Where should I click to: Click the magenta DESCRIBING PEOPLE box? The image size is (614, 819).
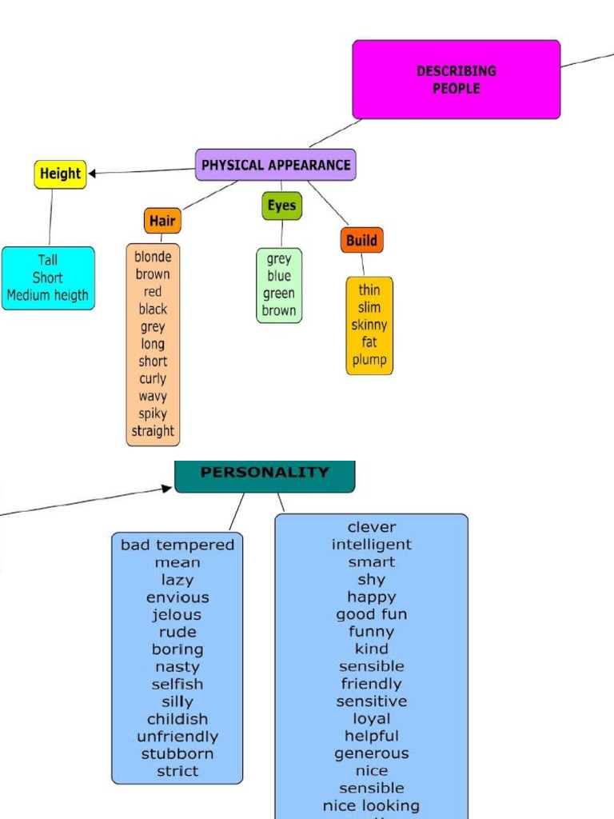tap(456, 80)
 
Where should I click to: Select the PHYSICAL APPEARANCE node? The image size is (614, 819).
tap(276, 165)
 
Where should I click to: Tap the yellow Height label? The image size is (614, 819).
tap(60, 174)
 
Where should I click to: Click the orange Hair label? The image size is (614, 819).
tap(162, 221)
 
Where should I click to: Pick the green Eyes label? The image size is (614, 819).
tap(281, 206)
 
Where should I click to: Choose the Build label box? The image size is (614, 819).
tap(361, 240)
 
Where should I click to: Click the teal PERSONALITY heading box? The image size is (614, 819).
tap(265, 473)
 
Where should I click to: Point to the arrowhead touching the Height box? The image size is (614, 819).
tap(93, 174)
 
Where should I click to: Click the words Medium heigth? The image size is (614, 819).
tap(48, 295)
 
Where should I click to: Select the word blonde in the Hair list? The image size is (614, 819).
tap(153, 257)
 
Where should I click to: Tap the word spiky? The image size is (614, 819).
tap(153, 413)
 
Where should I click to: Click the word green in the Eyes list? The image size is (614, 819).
tap(279, 294)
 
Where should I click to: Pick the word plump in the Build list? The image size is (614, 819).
tap(369, 360)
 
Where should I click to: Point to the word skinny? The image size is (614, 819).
tap(369, 325)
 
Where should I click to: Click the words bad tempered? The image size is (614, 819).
tap(177, 545)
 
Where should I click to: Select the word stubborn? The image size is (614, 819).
tap(177, 753)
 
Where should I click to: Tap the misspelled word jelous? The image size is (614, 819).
tap(177, 614)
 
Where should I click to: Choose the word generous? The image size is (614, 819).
tap(372, 753)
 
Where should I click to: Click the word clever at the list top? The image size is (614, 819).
tap(372, 527)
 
